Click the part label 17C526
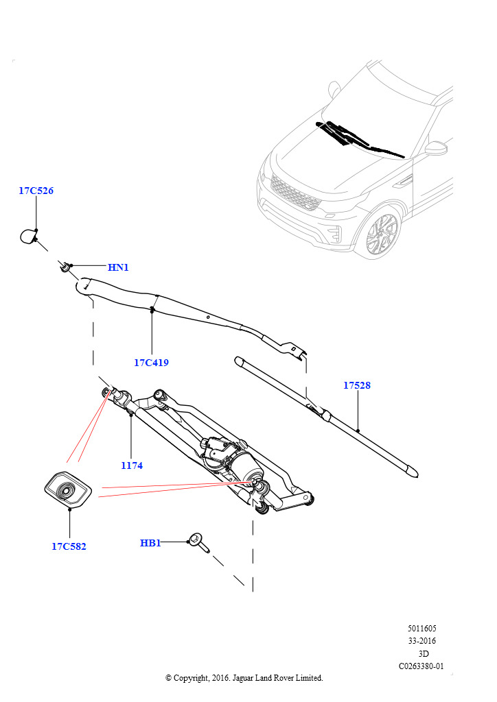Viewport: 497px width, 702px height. [x=36, y=191]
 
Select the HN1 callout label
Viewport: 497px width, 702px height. [x=118, y=267]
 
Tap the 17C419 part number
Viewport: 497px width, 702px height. [x=151, y=363]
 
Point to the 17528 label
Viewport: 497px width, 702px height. [x=357, y=385]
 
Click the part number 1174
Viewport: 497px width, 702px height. [x=131, y=465]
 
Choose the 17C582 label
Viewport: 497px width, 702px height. [x=69, y=546]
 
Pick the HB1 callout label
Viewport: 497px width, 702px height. [x=150, y=543]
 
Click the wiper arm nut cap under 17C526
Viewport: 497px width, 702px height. [x=28, y=237]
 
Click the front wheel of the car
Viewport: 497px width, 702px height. [x=382, y=234]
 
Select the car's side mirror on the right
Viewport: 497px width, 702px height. [x=436, y=149]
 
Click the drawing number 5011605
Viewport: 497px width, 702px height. [x=421, y=628]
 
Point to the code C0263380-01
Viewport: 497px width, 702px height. [x=421, y=666]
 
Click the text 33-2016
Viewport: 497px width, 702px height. [x=422, y=641]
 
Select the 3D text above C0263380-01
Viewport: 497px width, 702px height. [x=424, y=653]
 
